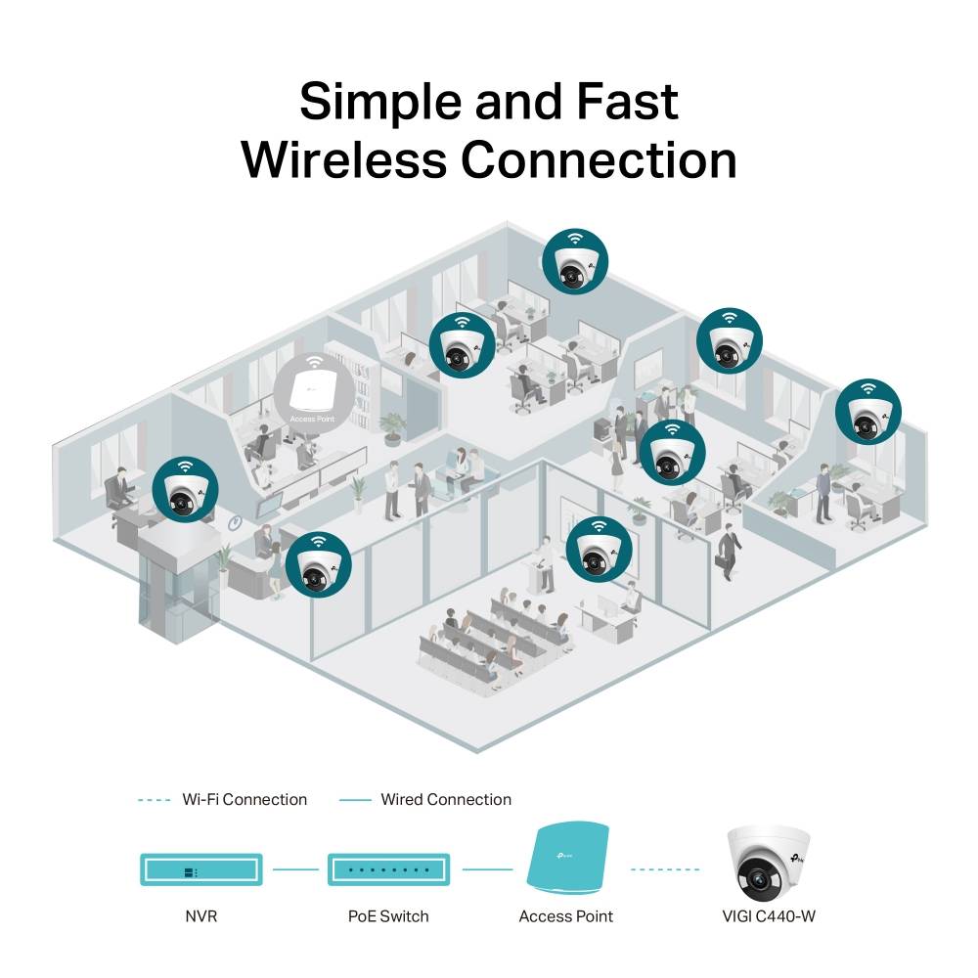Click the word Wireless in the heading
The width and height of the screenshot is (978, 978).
(346, 158)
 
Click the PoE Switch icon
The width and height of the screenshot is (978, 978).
(388, 867)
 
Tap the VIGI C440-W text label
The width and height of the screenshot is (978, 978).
(770, 916)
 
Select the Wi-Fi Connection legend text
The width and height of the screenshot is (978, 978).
(244, 800)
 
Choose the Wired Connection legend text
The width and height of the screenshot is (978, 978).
(446, 800)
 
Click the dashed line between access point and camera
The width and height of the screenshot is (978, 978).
(666, 868)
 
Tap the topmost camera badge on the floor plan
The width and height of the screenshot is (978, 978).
(576, 260)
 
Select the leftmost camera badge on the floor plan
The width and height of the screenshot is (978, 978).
(186, 489)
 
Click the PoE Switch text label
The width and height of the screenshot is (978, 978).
(388, 916)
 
